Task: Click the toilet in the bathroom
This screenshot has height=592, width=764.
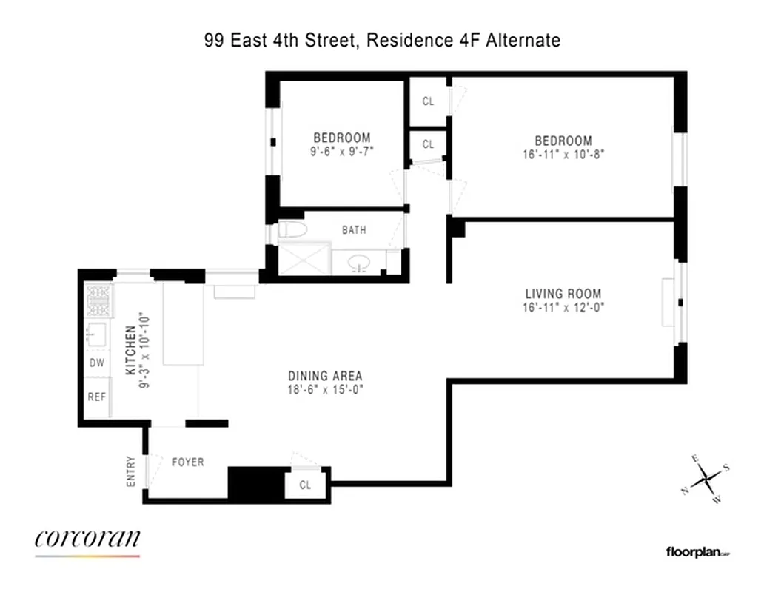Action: (x=292, y=230)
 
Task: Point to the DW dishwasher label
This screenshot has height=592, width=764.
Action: (x=97, y=363)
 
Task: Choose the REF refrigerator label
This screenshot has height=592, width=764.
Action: (x=97, y=397)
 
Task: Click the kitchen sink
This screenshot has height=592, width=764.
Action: (x=97, y=334)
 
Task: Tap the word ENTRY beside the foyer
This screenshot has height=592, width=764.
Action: (x=131, y=470)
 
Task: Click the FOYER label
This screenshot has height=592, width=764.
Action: (x=187, y=462)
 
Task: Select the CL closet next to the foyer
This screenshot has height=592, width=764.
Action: (x=305, y=485)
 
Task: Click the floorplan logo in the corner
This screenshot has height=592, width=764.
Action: (x=697, y=551)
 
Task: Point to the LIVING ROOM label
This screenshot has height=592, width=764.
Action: (x=563, y=294)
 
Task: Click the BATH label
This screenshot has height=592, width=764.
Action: (x=353, y=230)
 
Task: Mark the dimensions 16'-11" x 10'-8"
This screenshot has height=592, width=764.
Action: (x=563, y=155)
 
